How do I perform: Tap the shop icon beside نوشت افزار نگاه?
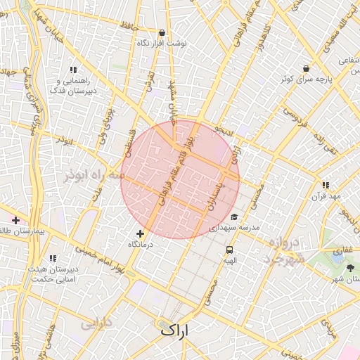tap(162, 32)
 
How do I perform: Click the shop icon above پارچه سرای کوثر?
tap(306, 68)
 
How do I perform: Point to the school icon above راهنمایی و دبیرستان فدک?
tap(72, 70)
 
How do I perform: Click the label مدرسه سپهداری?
tap(235, 228)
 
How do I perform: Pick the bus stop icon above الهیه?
tap(229, 250)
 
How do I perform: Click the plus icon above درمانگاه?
tap(140, 233)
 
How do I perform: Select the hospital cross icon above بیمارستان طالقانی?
tap(15, 221)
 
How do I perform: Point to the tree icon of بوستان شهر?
tap(351, 269)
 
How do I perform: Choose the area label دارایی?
tap(95, 324)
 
